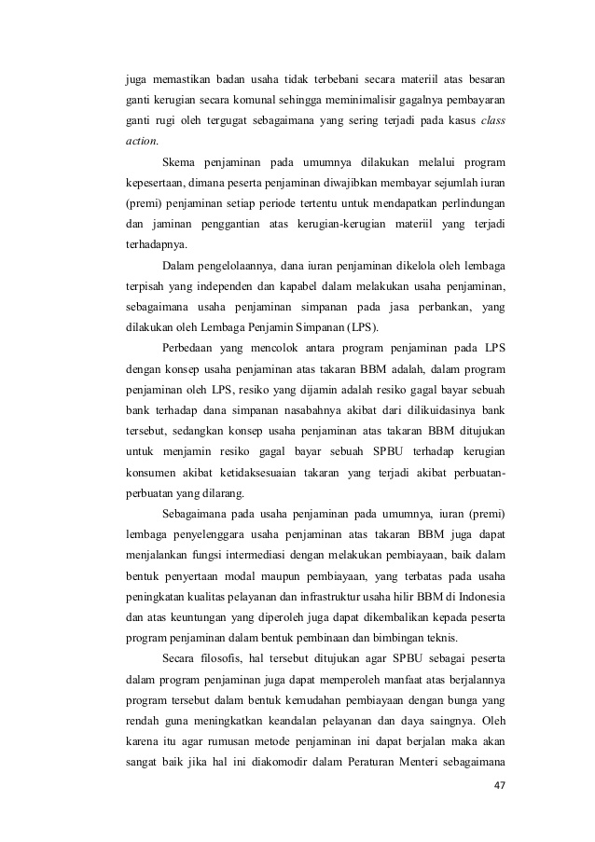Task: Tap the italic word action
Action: coord(142,142)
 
